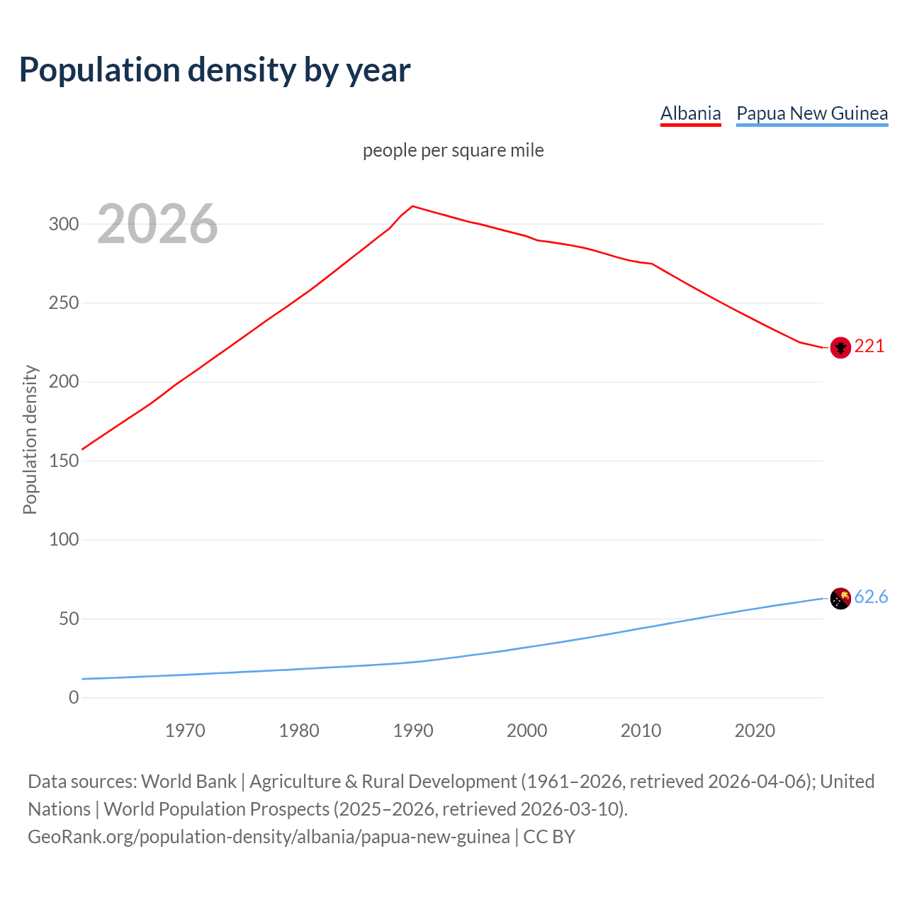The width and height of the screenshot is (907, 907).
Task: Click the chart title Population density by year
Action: [215, 70]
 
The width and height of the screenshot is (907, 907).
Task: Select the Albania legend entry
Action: [690, 113]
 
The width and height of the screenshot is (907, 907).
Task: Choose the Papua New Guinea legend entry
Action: [812, 113]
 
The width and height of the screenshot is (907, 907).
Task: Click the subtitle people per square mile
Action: [453, 150]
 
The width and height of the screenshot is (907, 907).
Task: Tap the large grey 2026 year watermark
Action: [157, 224]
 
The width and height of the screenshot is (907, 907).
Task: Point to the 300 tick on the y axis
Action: [64, 224]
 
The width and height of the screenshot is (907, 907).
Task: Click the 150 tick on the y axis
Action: [64, 461]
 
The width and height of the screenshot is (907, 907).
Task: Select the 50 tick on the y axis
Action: [69, 619]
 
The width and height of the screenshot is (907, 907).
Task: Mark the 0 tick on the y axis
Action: [74, 697]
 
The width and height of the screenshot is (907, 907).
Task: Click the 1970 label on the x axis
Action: [185, 731]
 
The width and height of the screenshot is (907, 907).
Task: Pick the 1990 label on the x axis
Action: [413, 731]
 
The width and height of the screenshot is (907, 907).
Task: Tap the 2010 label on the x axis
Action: [641, 731]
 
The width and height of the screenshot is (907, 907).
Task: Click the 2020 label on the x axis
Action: [755, 731]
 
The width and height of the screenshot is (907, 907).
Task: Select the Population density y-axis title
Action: [30, 439]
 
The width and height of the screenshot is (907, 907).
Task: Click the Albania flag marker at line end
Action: [840, 347]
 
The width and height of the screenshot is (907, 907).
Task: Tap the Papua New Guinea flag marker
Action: [840, 599]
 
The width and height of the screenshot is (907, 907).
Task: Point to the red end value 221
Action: [869, 346]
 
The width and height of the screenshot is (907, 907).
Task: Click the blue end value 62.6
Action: [871, 597]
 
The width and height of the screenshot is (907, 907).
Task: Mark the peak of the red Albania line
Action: [413, 206]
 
